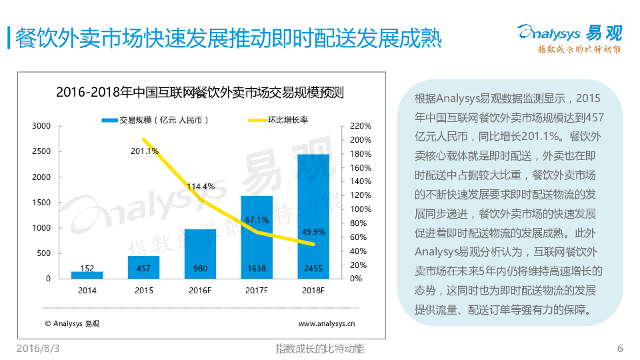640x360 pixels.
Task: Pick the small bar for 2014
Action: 87,274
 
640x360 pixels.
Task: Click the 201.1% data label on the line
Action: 145,151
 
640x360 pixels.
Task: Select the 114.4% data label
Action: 201,187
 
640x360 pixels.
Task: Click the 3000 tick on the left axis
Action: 41,126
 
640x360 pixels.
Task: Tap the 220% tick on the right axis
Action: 360,126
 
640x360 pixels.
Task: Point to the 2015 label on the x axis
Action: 143,291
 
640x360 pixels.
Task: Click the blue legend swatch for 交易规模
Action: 109,120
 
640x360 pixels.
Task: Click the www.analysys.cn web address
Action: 326,324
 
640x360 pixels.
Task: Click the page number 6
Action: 620,349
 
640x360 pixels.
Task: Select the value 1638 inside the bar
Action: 257,269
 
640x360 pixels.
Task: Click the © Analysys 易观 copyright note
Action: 72,324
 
